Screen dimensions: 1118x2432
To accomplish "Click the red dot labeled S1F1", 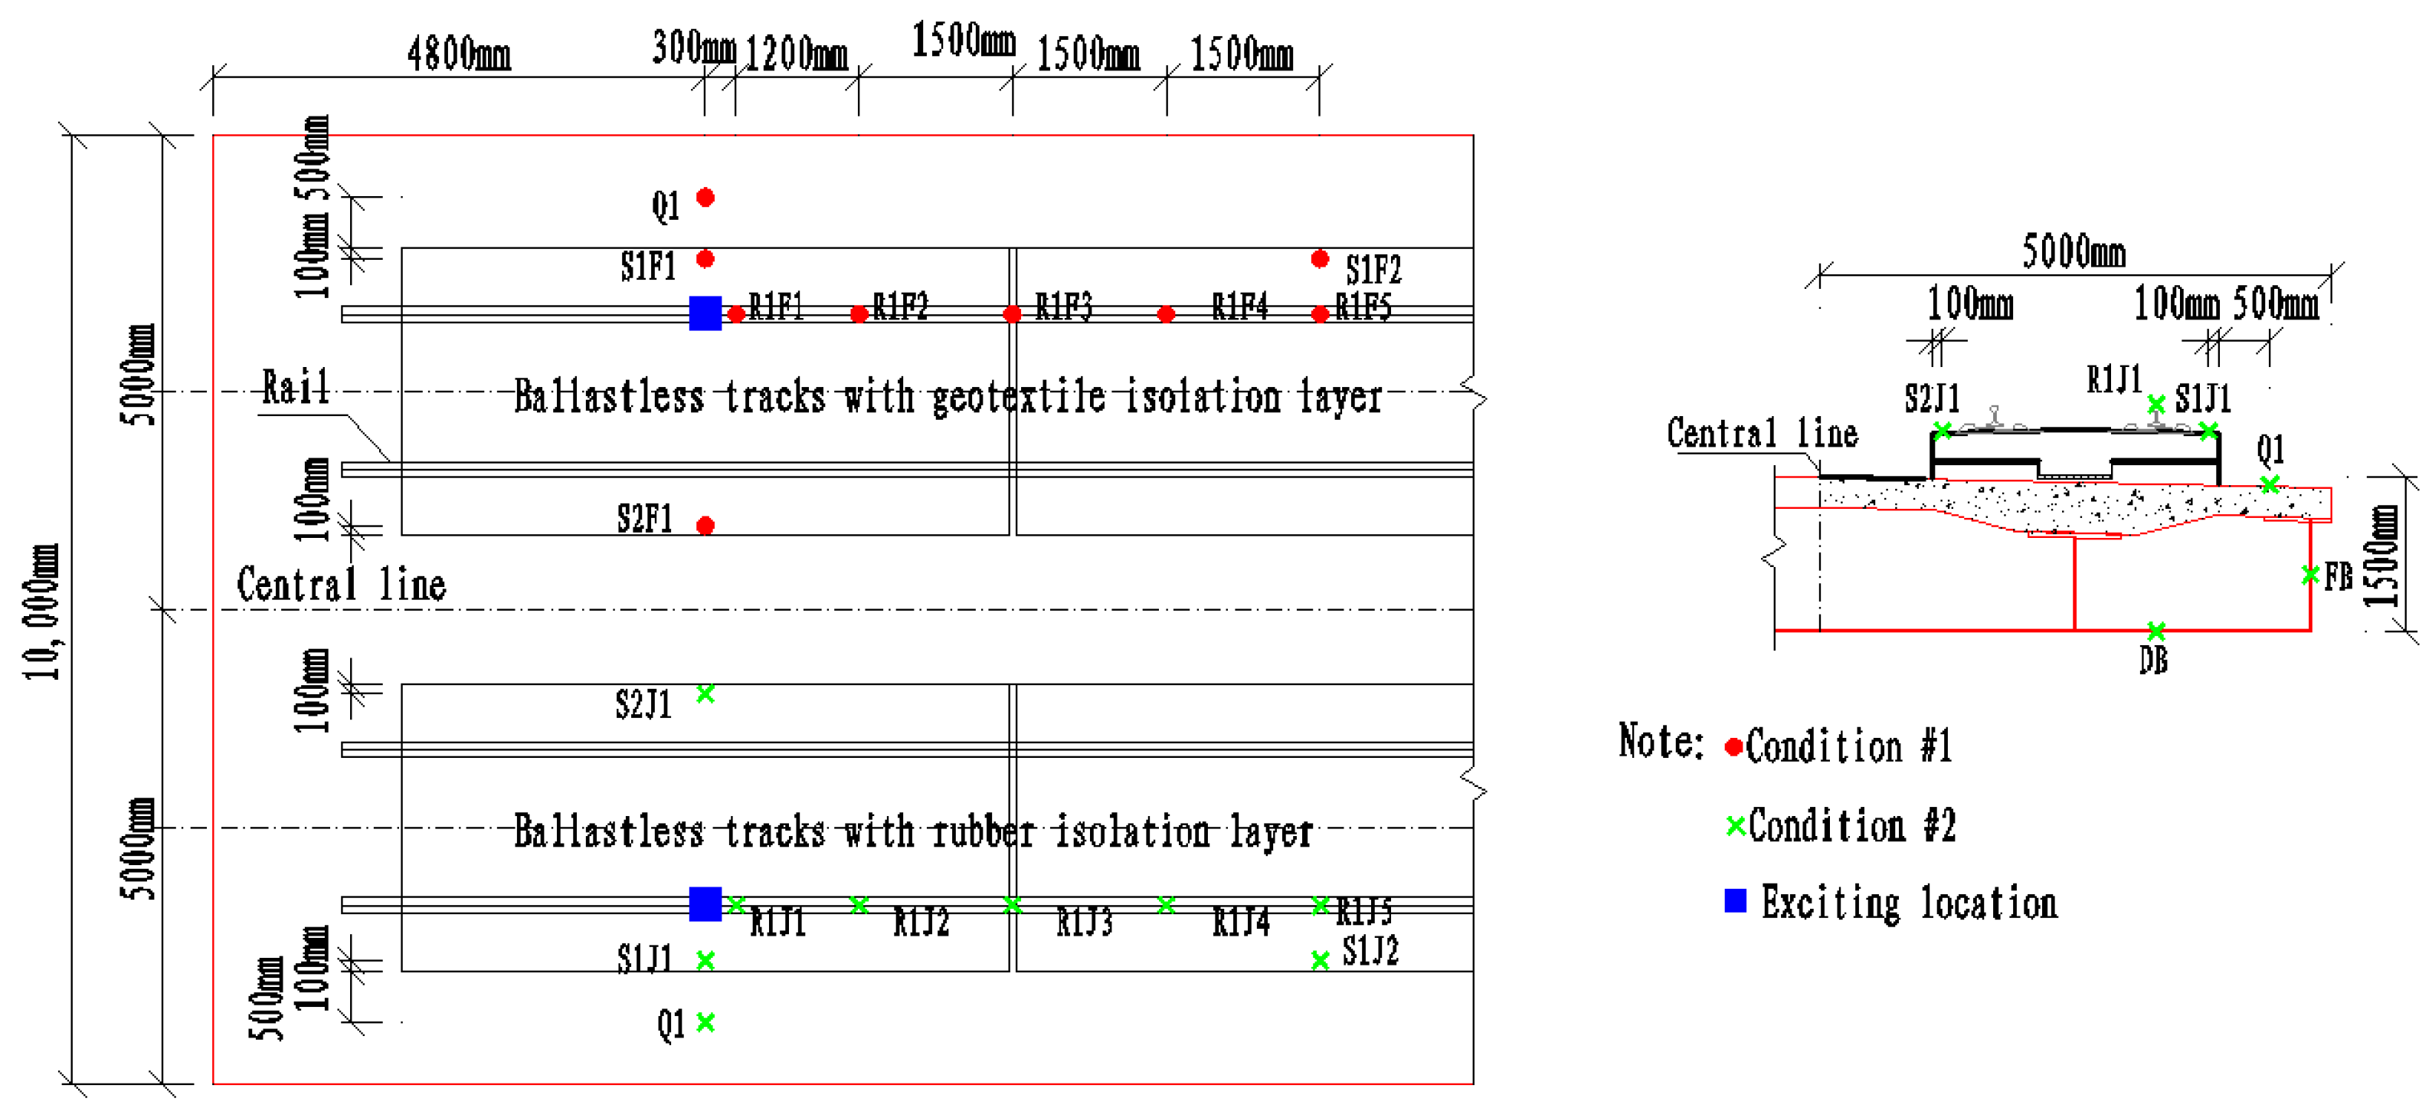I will (x=705, y=259).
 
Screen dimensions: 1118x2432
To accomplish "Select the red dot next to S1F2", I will (x=1320, y=259).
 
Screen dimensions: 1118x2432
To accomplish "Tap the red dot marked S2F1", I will (x=705, y=525).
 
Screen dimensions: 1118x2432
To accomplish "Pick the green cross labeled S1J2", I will (x=1320, y=960).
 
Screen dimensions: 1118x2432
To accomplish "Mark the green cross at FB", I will (x=2309, y=574).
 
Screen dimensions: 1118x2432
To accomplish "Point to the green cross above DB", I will (x=2155, y=630).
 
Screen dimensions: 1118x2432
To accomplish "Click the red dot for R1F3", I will (x=1012, y=313).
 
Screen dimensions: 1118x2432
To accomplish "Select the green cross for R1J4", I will (x=1166, y=906).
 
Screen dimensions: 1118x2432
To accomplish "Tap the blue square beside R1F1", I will (x=705, y=313).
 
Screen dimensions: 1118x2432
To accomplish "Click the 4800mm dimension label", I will (x=459, y=54).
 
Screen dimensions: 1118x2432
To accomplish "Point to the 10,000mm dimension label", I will (x=41, y=612).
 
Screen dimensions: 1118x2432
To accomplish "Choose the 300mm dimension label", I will (x=693, y=48).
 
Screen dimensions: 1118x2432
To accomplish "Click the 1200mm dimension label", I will (x=796, y=54).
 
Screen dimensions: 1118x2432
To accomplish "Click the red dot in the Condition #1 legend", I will (x=1733, y=748).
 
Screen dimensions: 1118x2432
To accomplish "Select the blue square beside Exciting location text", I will (x=1735, y=901).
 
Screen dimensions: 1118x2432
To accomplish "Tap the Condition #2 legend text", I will (x=1851, y=826).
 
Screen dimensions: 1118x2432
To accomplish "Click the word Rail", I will (x=296, y=388).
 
